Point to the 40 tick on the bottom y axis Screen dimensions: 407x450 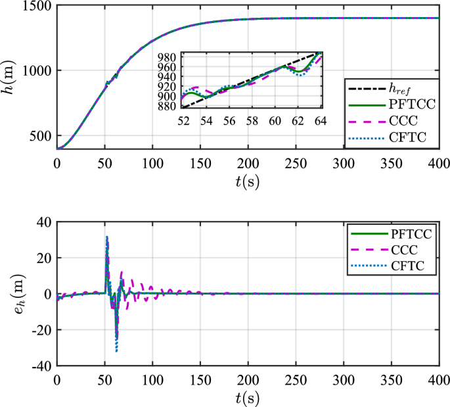pyautogui.click(x=43, y=222)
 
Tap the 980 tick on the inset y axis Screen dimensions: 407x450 pyautogui.click(x=168, y=58)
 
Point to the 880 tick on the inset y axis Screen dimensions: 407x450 pyautogui.click(x=168, y=107)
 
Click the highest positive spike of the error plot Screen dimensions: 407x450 pyautogui.click(x=107, y=237)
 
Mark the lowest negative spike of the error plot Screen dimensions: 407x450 pyautogui.click(x=116, y=351)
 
